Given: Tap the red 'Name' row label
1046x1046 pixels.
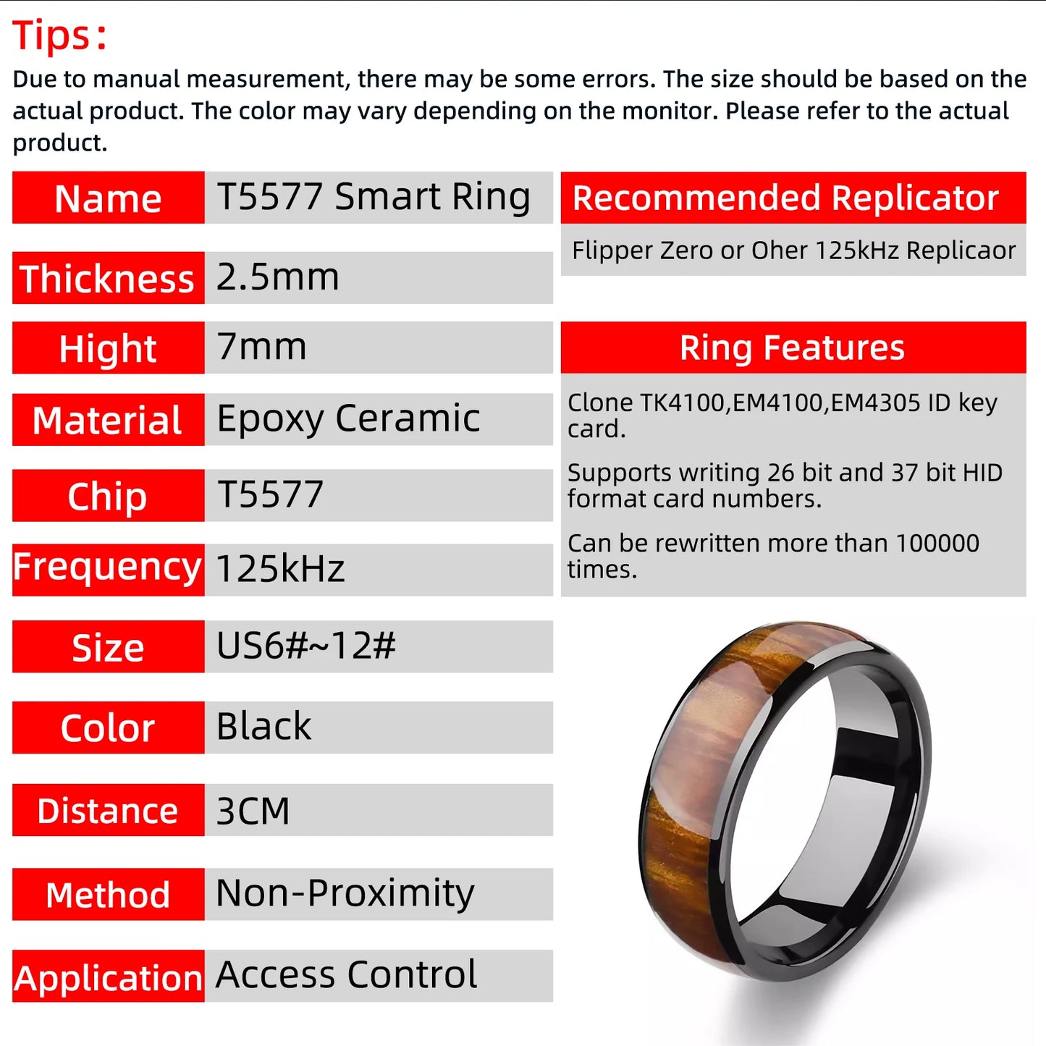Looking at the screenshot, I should pos(108,198).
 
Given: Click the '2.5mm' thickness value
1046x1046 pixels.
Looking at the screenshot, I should pos(278,277).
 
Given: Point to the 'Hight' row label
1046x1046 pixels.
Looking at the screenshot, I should pos(108,348).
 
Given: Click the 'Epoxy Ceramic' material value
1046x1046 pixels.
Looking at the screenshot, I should pos(348,418).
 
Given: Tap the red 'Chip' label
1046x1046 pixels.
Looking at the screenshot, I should pos(108,496).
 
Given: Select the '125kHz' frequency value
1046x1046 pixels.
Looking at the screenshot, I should pos(280,569).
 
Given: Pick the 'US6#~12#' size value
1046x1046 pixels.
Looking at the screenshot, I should pos(306,646).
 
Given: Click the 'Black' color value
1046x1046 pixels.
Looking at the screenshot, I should pos(264,727).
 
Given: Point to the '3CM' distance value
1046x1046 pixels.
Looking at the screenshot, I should pos(253,811).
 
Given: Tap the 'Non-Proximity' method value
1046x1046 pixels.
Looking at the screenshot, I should pos(345,893).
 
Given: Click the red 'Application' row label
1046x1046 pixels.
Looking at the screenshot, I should pos(108,977).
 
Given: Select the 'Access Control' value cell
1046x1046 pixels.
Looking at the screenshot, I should pos(347,975).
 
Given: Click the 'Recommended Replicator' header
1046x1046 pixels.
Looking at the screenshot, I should pos(785,198).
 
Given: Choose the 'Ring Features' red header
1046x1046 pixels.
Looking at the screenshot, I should pos(793,347).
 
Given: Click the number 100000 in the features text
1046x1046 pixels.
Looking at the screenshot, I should pos(937,543).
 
